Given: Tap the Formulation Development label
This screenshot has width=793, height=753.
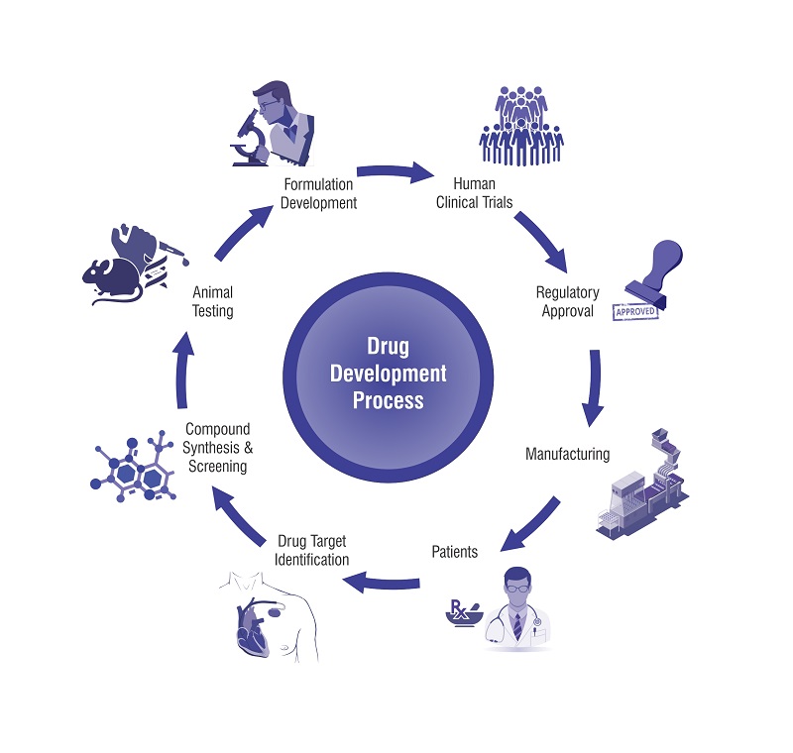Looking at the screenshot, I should point(319,194).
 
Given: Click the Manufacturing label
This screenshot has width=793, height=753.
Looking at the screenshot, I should point(567,455).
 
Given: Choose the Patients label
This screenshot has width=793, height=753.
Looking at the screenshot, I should point(454,551).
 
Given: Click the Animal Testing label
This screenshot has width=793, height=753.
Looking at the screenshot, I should point(212,301).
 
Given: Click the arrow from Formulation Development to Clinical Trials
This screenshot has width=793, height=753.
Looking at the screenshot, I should point(396,174).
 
